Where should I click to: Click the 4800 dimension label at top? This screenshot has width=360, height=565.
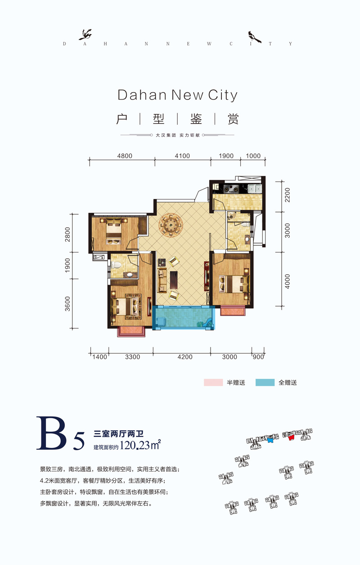tap(125, 156)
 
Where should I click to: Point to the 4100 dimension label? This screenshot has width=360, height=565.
tap(183, 156)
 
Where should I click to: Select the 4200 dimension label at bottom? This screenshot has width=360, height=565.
tap(185, 357)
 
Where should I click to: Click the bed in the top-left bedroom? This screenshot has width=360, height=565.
tap(113, 231)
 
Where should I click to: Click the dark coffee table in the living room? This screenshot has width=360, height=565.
tap(173, 280)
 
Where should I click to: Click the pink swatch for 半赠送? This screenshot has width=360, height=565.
tap(213, 383)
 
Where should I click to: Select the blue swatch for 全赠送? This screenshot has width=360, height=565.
tap(265, 383)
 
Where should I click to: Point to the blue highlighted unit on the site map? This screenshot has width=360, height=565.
tap(270, 441)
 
